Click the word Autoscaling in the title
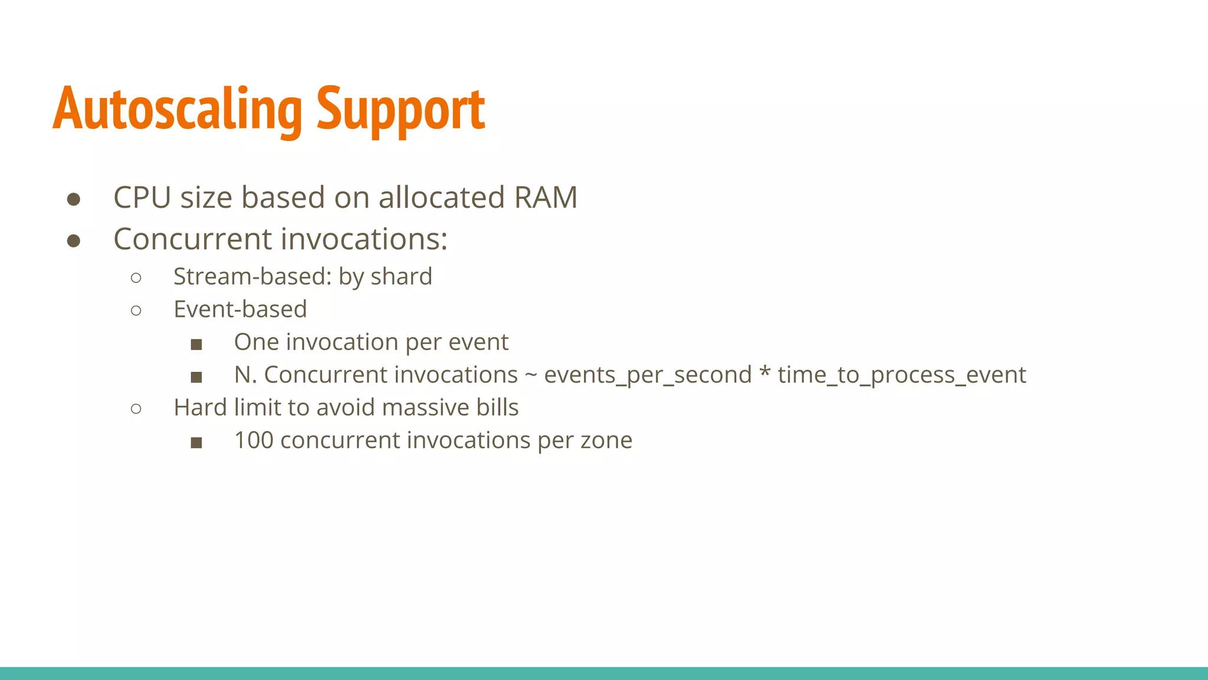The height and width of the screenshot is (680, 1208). tap(177, 109)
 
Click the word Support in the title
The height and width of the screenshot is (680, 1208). tap(401, 109)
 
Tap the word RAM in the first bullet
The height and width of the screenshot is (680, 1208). tap(546, 197)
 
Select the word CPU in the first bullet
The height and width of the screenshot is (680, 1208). tap(142, 197)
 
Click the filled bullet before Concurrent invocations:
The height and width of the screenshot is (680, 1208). tap(74, 241)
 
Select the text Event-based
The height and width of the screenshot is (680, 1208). tap(240, 309)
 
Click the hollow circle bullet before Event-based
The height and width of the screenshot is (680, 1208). tap(136, 310)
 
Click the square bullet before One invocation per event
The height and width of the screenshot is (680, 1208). tap(196, 344)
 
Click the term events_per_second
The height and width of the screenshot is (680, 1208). tap(648, 375)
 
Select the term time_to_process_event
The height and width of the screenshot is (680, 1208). tap(902, 375)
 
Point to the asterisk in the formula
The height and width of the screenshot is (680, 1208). tap(765, 373)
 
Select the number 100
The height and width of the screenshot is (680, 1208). tap(254, 440)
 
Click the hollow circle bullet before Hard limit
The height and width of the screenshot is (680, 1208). tap(136, 408)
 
